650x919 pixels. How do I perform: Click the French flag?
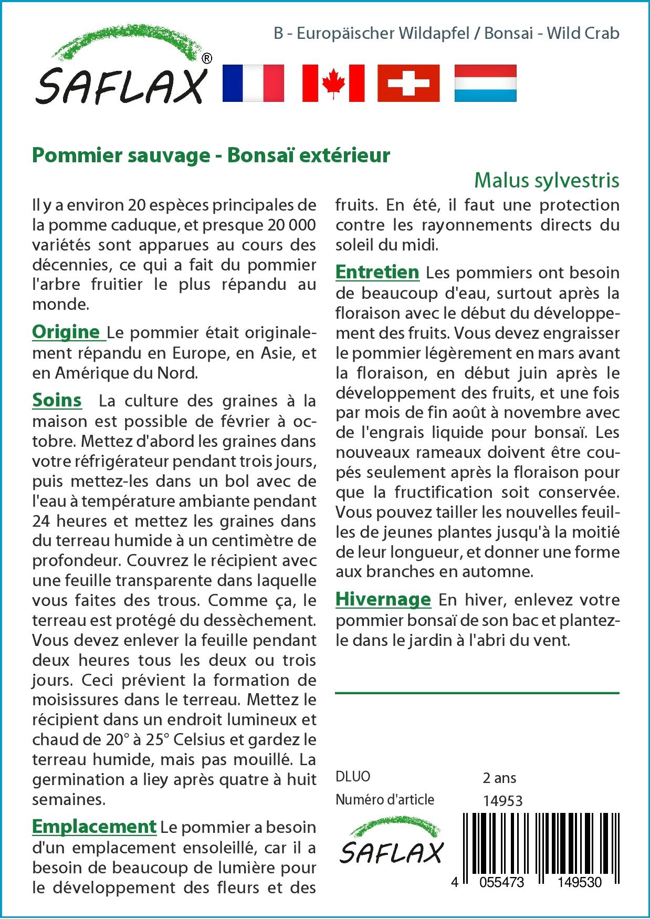253,83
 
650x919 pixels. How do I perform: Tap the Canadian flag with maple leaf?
333,83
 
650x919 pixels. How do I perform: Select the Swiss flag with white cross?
408,83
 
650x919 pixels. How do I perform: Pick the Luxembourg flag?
485,83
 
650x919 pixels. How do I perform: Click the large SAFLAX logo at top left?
121,74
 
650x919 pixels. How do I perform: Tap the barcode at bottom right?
541,840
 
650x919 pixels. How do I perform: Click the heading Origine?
66,332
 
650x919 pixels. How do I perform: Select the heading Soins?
57,400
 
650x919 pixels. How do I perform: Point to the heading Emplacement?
94,826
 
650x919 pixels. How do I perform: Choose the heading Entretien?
377,272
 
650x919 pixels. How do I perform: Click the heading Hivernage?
383,599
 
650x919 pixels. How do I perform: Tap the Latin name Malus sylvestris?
547,180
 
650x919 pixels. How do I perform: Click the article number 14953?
502,800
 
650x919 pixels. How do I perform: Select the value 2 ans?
499,778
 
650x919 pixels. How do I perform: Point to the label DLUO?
353,777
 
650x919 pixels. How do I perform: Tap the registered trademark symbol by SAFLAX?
207,59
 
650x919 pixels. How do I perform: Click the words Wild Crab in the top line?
583,34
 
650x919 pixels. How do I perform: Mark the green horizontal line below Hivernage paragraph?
477,693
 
